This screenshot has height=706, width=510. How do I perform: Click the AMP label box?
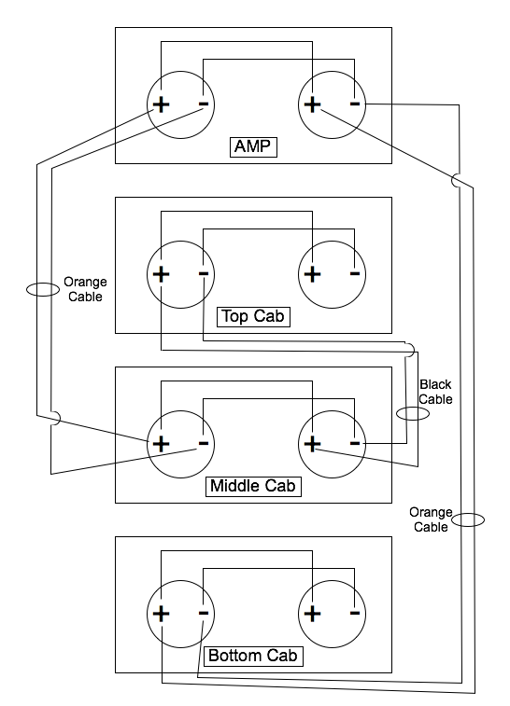(x=253, y=146)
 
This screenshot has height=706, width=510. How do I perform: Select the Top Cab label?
(x=253, y=316)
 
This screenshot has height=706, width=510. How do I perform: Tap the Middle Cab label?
(x=253, y=486)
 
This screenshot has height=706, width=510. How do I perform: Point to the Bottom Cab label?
(x=253, y=656)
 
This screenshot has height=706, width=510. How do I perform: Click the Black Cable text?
(x=435, y=392)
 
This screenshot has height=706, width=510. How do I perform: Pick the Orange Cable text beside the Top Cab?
(x=85, y=289)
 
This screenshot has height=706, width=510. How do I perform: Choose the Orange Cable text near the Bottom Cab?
(x=431, y=519)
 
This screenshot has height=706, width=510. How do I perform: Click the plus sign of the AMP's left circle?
(x=161, y=104)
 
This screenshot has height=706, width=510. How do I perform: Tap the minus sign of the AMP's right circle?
(x=355, y=104)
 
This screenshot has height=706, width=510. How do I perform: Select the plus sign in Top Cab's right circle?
(x=313, y=274)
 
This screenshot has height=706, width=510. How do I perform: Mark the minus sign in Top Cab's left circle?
(x=204, y=274)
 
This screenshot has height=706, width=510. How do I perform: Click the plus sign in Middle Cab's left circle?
(x=161, y=444)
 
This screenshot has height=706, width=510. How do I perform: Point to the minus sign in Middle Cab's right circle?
(x=355, y=444)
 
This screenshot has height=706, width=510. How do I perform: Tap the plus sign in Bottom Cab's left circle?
(x=161, y=614)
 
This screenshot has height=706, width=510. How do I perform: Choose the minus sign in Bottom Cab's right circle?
(x=355, y=614)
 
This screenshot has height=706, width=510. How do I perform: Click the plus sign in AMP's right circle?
(x=313, y=104)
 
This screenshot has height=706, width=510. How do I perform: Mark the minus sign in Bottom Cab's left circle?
(x=204, y=614)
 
